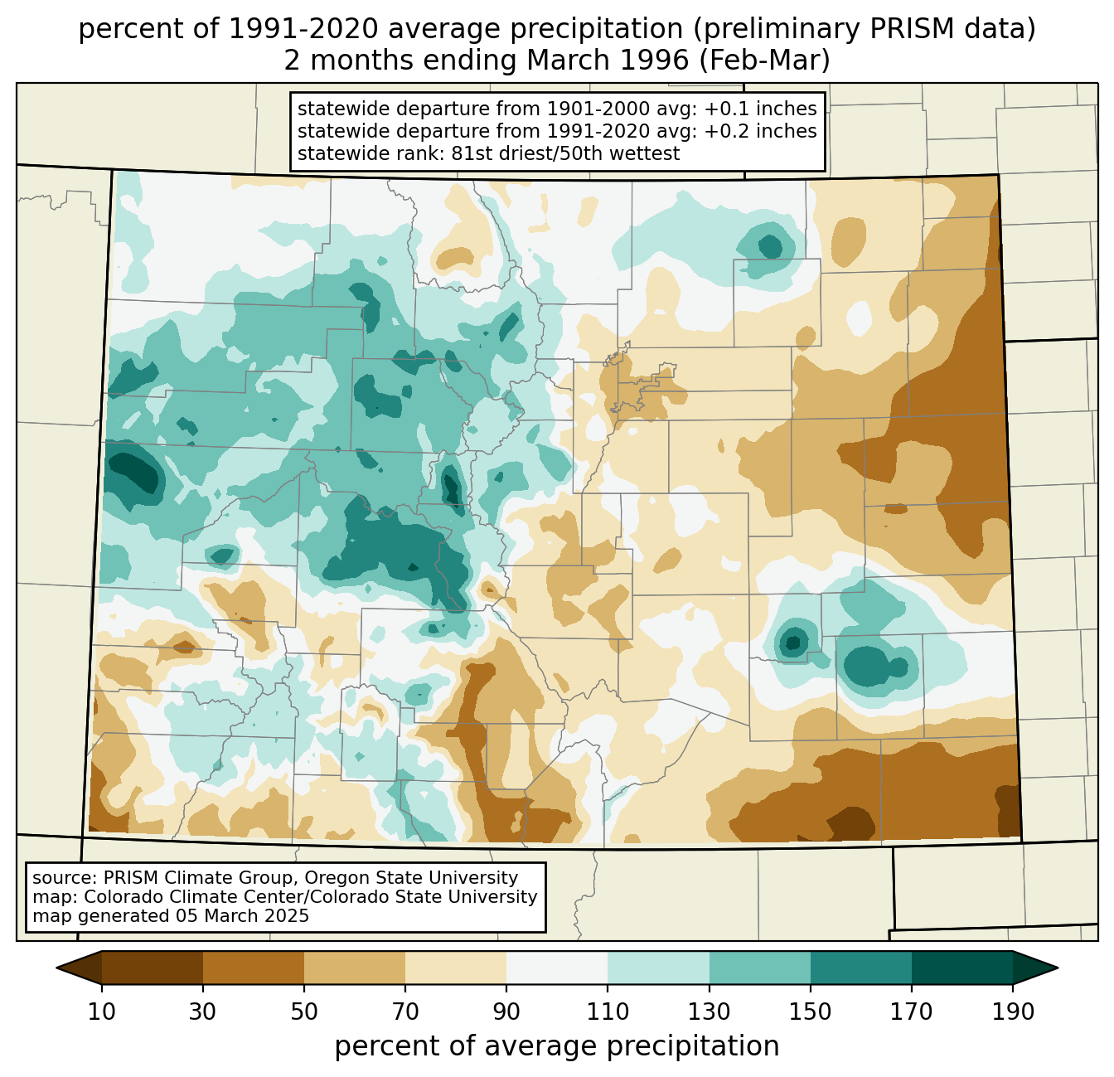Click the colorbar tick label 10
point(102,1012)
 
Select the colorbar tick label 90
point(506,1012)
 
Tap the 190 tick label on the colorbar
point(1013,1012)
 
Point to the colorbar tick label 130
point(710,1012)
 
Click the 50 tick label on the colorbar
point(304,1012)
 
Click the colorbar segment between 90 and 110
point(557,968)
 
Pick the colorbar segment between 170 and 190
point(962,968)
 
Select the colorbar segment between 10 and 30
point(153,968)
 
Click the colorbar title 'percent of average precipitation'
point(557,1046)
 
